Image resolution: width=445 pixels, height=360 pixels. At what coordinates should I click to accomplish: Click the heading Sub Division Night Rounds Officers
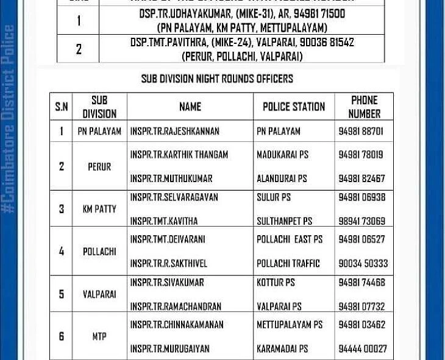pos(217,79)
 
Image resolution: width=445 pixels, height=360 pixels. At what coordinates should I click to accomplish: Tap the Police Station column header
pos(294,107)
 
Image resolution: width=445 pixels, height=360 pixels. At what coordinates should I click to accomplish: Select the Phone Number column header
pos(364,107)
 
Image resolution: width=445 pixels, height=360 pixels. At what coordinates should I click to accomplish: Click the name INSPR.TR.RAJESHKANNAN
pos(174,131)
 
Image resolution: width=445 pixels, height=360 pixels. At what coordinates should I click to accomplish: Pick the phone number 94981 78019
pos(361,155)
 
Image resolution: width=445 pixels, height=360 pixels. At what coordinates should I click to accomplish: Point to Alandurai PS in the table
pos(282,178)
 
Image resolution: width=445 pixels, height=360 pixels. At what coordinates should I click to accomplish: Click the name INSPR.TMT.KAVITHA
pos(163,221)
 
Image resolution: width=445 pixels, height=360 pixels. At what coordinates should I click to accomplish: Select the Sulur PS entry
pos(274,197)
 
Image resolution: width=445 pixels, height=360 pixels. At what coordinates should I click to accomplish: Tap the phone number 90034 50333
pos(363,264)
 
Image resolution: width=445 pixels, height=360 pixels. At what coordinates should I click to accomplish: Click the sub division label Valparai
pos(99,294)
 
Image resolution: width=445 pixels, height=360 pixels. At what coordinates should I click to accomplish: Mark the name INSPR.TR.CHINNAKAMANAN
pos(176,325)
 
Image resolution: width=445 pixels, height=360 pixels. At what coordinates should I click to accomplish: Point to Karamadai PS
pos(282,349)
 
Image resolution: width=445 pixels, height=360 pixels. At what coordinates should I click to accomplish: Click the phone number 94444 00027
pos(363,349)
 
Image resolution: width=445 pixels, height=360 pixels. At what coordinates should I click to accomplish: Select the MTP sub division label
pos(99,336)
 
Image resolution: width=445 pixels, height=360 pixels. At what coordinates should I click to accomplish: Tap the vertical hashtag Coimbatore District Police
pos(9,119)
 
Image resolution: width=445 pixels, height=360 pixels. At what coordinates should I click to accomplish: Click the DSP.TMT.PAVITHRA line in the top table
pos(242,43)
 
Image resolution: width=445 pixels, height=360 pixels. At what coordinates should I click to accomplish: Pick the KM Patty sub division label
pos(99,209)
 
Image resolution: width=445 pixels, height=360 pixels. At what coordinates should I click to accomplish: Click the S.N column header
pos(62,107)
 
